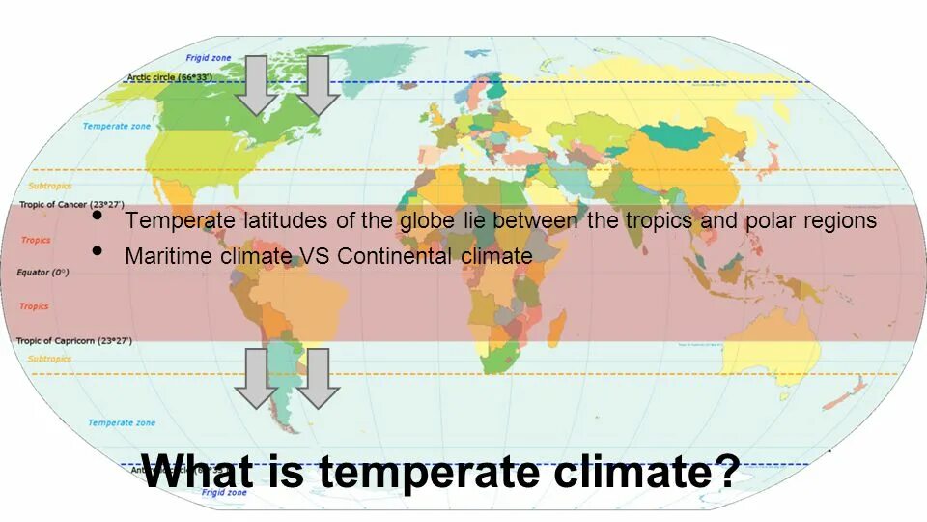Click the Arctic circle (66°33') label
click(169, 77)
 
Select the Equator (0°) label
click(42, 273)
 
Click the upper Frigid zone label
click(211, 58)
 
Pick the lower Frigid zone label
click(224, 492)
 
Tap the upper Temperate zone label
click(116, 127)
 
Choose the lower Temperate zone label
click(121, 422)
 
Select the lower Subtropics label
click(49, 359)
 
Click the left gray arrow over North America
click(257, 85)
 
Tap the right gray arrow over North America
click(317, 85)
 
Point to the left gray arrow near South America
click(257, 377)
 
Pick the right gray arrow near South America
click(317, 377)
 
